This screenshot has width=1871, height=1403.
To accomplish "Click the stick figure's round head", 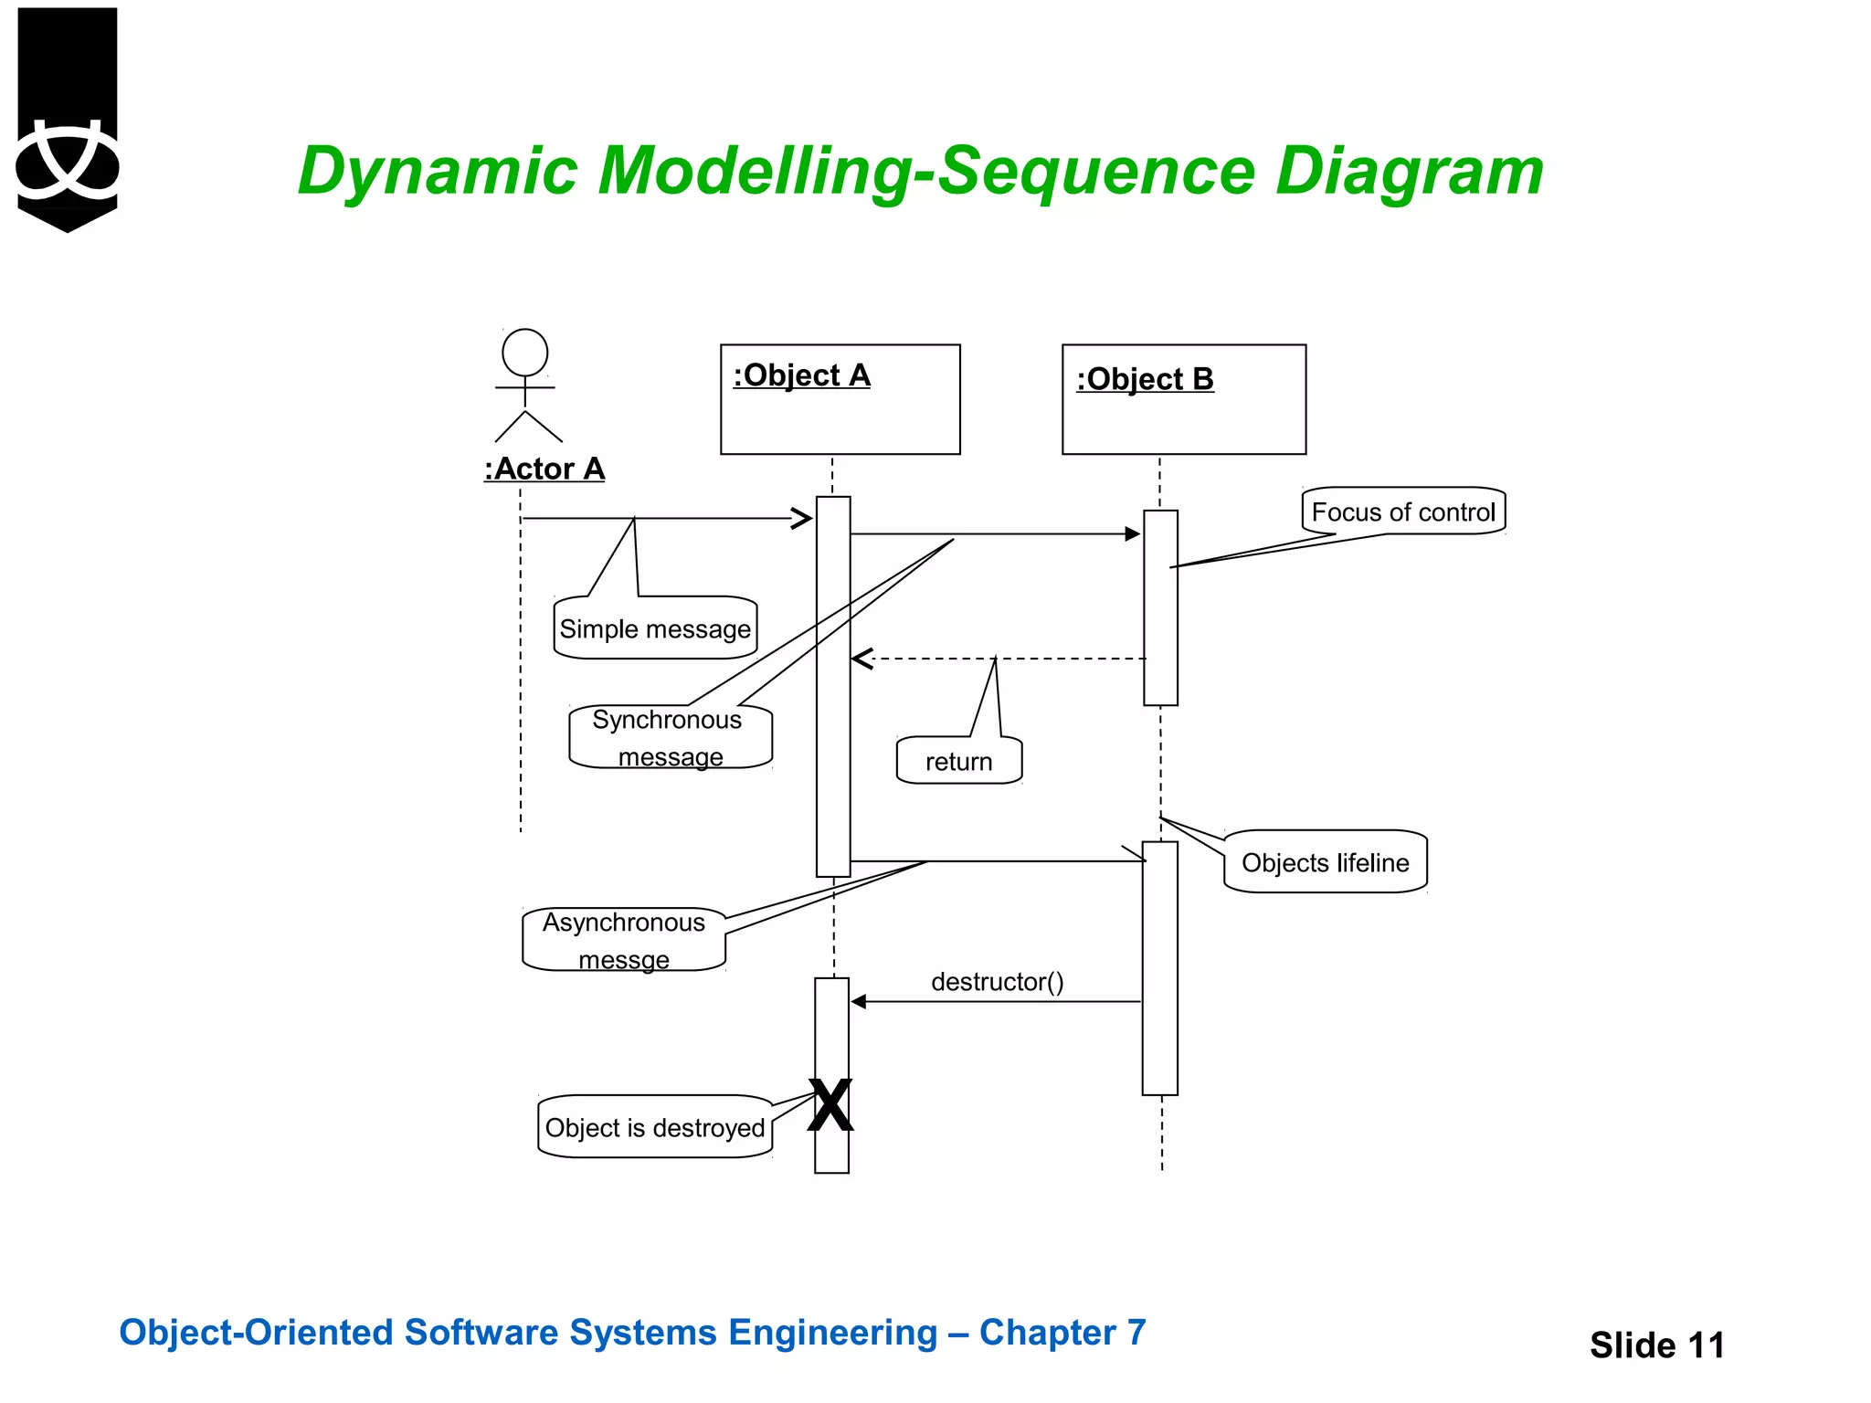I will pyautogui.click(x=525, y=353).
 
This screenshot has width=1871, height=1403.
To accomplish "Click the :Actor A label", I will pyautogui.click(x=544, y=469).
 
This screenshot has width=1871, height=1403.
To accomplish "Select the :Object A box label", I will pyautogui.click(x=802, y=375).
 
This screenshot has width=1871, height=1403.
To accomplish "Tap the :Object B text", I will pyautogui.click(x=1145, y=379).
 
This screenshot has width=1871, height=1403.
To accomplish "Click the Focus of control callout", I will pyautogui.click(x=1403, y=512).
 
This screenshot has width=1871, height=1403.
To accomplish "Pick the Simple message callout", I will pyautogui.click(x=655, y=628).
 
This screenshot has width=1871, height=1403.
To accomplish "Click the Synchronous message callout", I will pyautogui.click(x=670, y=737).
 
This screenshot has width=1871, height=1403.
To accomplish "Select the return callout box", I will pyautogui.click(x=958, y=761).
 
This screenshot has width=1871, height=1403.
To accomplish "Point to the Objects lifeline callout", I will pyautogui.click(x=1325, y=862).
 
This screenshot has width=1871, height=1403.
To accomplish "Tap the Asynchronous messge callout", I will pyautogui.click(x=624, y=940).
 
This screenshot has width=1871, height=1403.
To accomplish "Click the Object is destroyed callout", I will pyautogui.click(x=655, y=1127).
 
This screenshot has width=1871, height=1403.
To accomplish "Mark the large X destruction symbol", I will pyautogui.click(x=830, y=1105).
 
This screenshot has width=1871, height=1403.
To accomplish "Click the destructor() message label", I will pyautogui.click(x=997, y=982).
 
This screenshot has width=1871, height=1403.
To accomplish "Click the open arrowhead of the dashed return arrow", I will pyautogui.click(x=861, y=659).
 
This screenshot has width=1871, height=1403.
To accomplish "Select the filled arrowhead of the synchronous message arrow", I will pyautogui.click(x=1133, y=533).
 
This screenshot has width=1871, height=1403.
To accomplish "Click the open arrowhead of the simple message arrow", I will pyautogui.click(x=802, y=519).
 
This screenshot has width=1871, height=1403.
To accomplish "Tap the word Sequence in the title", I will pyautogui.click(x=1096, y=172).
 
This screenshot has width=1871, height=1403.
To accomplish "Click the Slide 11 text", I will pyautogui.click(x=1656, y=1345).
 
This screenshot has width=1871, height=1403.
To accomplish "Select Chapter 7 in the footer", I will pyautogui.click(x=1062, y=1333).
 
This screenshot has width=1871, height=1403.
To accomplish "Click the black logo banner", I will pyautogui.click(x=68, y=119).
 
